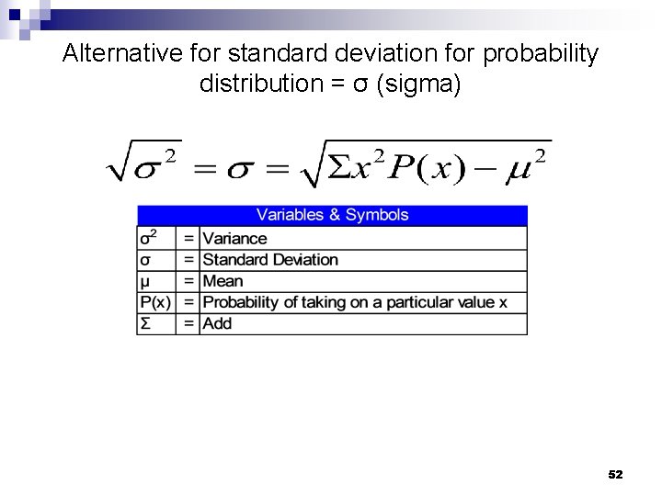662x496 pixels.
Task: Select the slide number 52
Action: [616, 474]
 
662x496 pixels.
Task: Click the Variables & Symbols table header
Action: [332, 215]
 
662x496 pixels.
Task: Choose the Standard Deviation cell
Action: [270, 260]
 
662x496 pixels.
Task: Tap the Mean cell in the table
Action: [223, 281]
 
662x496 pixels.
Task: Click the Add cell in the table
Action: [218, 323]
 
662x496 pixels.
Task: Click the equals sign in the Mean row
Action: [188, 281]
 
